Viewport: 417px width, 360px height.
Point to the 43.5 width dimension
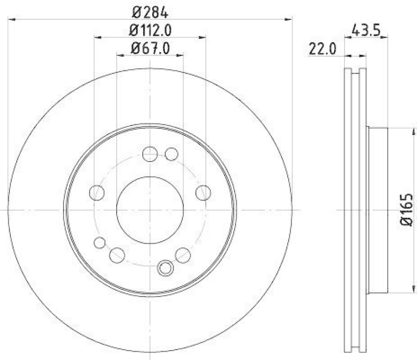click(369, 30)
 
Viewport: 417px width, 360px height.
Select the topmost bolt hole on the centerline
click(150, 154)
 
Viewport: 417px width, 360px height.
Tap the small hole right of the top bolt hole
click(171, 154)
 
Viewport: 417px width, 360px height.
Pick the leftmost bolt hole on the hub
click(97, 193)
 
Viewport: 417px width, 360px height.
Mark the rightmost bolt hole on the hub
click(203, 193)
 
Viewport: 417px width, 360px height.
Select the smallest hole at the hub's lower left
click(99, 242)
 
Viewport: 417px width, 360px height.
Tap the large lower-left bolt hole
click(117, 255)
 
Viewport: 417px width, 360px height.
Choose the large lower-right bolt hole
click(183, 255)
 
